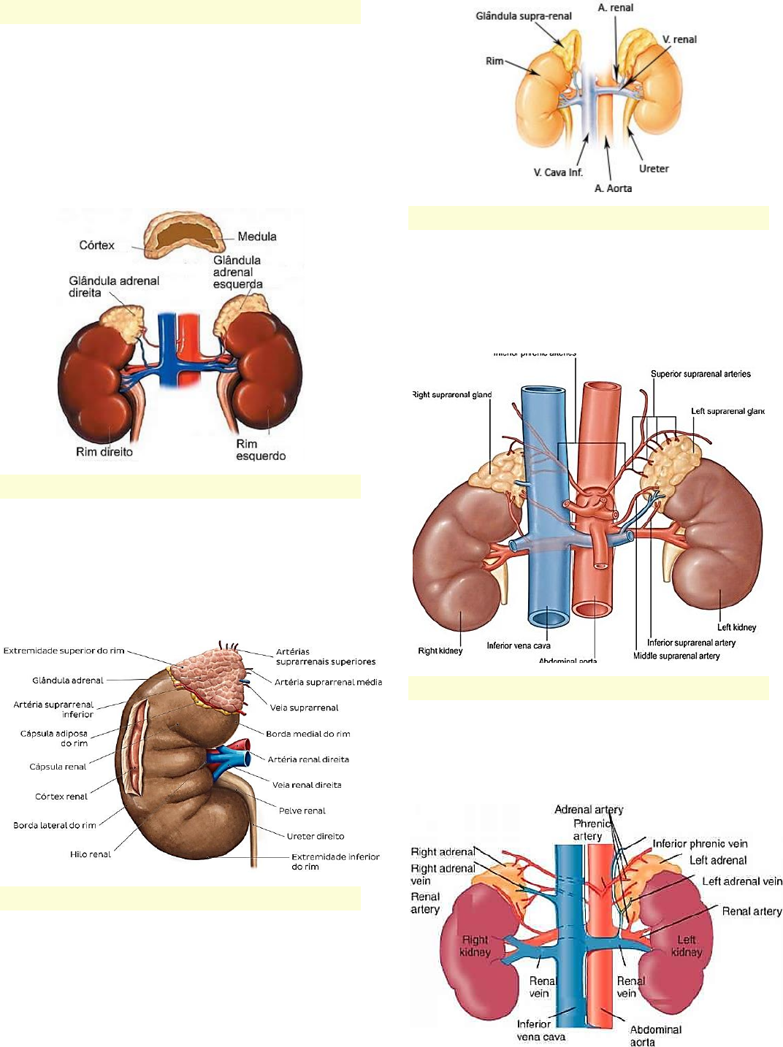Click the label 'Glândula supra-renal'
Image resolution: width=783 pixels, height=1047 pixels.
click(x=523, y=16)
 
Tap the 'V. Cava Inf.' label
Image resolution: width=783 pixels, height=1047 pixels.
click(x=557, y=173)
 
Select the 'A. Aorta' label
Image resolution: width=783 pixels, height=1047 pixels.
click(x=613, y=188)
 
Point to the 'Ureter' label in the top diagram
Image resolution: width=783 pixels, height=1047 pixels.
click(x=654, y=169)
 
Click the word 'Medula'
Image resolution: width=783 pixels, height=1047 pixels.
click(x=257, y=237)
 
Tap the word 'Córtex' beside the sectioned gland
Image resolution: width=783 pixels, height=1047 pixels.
click(x=96, y=245)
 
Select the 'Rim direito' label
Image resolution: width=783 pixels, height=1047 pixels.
click(x=104, y=452)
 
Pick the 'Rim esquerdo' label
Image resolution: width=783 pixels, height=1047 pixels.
click(x=260, y=450)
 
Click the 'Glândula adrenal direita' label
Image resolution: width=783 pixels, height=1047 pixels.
click(x=113, y=286)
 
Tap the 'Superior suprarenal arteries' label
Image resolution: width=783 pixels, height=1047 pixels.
click(x=700, y=374)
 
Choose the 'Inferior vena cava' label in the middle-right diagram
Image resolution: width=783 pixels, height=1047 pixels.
click(x=519, y=645)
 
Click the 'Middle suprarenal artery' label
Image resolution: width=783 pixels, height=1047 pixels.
click(x=676, y=656)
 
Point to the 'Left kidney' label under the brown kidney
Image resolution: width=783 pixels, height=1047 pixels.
click(x=736, y=627)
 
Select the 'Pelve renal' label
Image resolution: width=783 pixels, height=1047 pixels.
click(x=302, y=810)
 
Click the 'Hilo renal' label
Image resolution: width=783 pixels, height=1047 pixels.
click(x=91, y=854)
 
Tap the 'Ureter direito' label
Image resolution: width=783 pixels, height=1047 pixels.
click(x=316, y=836)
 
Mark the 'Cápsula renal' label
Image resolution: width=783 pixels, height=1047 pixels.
click(x=58, y=767)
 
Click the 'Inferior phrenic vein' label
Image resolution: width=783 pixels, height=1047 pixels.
click(x=700, y=843)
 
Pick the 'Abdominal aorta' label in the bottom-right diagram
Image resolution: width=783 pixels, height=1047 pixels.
click(x=655, y=1035)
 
